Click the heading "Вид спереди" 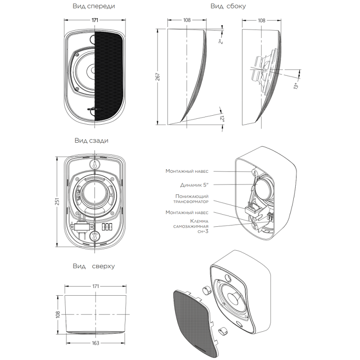pos(94,6)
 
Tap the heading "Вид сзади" pos(91,140)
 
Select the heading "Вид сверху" pos(94,266)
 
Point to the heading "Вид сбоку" pos(228,6)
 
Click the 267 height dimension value pos(157,77)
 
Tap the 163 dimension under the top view pos(95,343)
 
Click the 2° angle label pos(220,41)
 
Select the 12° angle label pos(222,118)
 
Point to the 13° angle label pos(296,86)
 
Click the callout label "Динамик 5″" pos(194,185)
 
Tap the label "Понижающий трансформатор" pos(191,199)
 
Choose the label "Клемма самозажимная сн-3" pos(191,226)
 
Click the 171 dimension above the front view pos(95,20)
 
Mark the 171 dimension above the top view pos(95,286)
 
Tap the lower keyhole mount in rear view pos(94,236)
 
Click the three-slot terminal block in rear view pos(107,226)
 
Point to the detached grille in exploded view pos(195,322)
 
